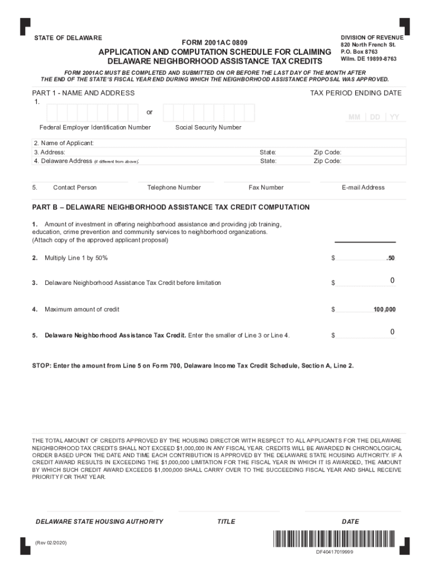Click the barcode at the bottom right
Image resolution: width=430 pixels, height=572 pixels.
tap(334, 540)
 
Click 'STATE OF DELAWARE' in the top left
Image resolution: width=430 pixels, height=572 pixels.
tap(68, 38)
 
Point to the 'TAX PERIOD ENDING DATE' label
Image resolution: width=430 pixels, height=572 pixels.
tap(356, 93)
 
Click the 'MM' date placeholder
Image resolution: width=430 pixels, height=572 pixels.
tap(354, 117)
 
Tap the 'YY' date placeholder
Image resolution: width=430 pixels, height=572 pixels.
tap(394, 117)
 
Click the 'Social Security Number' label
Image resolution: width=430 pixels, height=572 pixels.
tap(208, 127)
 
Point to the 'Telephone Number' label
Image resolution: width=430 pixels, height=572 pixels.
tap(174, 188)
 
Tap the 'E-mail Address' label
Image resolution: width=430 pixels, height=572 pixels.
tap(363, 188)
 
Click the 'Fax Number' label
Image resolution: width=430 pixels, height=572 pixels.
tap(266, 188)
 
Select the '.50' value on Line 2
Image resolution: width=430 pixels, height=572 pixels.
tap(390, 259)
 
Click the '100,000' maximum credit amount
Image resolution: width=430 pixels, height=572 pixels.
tap(385, 309)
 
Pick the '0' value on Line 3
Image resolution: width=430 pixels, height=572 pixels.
tap(393, 280)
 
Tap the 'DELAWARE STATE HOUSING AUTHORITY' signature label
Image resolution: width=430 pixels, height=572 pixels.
tap(99, 522)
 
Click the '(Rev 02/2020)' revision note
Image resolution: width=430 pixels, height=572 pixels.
tap(51, 542)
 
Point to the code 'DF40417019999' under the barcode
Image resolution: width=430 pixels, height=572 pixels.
tap(335, 552)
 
